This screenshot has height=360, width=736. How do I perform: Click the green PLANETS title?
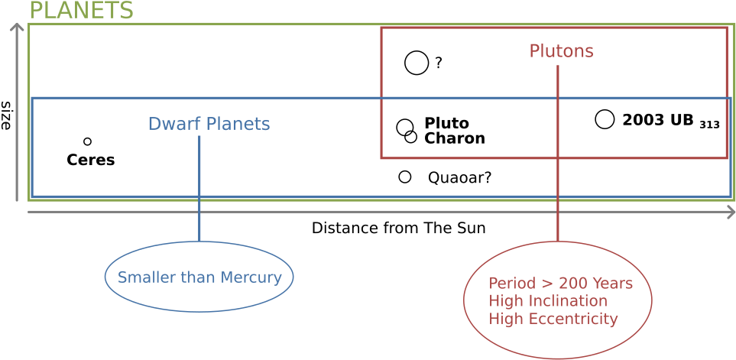click(80, 10)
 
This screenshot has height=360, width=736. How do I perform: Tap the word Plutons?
click(561, 51)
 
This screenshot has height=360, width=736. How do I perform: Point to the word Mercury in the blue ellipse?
click(251, 277)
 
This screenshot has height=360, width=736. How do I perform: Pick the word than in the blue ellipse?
click(198, 277)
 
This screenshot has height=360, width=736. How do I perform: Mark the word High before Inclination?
click(504, 301)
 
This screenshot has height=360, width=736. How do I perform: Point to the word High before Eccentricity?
click(504, 319)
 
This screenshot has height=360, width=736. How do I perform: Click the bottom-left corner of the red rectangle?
click(381, 158)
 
